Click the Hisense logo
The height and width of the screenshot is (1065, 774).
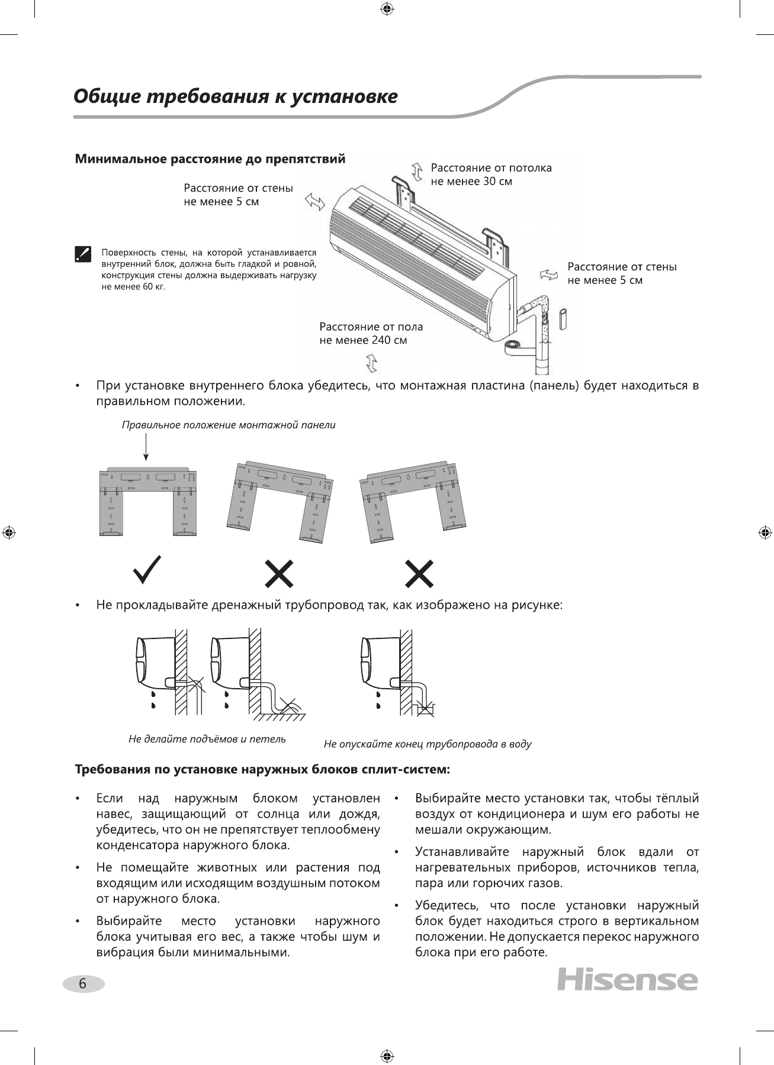[627, 980]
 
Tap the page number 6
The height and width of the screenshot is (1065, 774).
[83, 984]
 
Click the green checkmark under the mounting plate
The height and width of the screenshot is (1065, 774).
[147, 570]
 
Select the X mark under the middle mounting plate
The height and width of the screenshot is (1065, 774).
[279, 573]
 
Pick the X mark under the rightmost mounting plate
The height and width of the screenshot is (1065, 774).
[419, 573]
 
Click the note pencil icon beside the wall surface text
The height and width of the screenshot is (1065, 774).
[83, 253]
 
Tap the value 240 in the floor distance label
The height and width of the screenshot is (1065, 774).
[381, 340]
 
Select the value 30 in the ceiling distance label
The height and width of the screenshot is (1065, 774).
[489, 182]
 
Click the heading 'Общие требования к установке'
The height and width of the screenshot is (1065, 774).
[235, 96]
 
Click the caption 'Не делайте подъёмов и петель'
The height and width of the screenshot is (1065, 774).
[207, 739]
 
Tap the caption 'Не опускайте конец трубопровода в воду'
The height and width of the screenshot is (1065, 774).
[428, 744]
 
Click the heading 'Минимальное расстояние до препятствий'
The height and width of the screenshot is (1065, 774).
[210, 159]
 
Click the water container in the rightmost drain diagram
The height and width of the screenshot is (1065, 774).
[425, 708]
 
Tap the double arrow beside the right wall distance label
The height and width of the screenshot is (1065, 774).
[549, 274]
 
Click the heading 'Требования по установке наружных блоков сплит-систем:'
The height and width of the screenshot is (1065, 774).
[262, 770]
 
